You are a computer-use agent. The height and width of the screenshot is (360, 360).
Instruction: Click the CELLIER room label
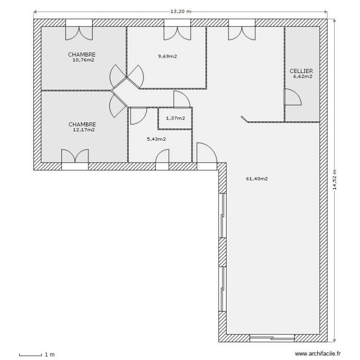(301, 71)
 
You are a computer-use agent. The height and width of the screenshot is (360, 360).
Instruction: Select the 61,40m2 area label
(257, 179)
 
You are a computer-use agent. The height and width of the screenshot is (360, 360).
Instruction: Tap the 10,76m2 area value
(83, 60)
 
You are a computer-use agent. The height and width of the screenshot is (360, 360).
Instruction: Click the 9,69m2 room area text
(168, 56)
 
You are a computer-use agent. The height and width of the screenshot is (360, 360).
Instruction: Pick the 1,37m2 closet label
(175, 118)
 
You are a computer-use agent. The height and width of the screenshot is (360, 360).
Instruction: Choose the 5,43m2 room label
(156, 139)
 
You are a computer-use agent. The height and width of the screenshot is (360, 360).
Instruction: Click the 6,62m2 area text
(302, 76)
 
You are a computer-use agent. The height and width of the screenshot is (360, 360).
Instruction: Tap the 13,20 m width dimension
(180, 11)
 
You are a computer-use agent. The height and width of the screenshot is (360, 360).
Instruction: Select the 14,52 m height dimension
(335, 180)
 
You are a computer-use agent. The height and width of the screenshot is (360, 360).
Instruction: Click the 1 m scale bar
(37, 355)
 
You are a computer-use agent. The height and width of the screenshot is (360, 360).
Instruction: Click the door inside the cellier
(292, 97)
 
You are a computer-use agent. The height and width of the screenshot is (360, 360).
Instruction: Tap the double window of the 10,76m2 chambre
(79, 30)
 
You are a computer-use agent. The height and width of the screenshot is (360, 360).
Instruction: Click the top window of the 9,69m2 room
(177, 30)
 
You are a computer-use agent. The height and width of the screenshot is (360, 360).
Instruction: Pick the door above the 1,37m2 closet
(181, 99)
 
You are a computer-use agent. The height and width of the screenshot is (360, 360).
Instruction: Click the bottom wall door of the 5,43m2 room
(162, 159)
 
